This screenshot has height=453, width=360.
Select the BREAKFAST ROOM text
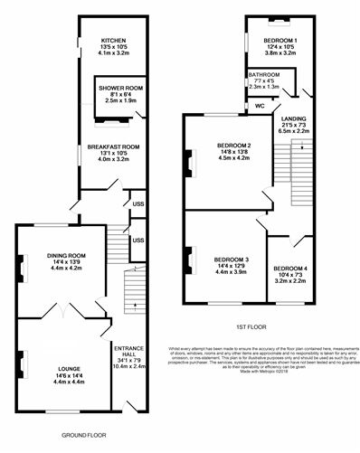113,146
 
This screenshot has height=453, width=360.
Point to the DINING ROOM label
65,256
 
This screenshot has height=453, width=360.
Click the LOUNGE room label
69,369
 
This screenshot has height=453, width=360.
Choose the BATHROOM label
264,75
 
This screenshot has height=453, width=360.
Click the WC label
260,106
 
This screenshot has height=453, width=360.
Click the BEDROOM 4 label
291,269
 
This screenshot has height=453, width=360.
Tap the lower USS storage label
138,241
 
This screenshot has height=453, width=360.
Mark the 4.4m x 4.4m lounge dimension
69,383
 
